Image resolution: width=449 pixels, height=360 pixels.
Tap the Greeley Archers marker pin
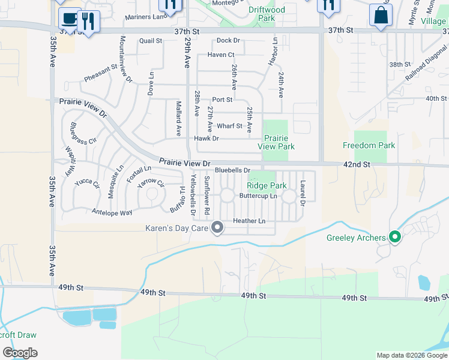[x=394, y=238]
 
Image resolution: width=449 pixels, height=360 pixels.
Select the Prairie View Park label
[x=276, y=142]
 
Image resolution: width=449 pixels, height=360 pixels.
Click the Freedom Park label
[x=369, y=145]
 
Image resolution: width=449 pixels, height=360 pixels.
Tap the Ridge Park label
[x=267, y=185]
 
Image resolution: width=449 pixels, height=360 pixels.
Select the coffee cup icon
[x=69, y=17]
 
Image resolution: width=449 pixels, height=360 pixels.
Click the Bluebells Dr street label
[x=232, y=171]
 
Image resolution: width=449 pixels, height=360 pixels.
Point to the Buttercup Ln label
[x=258, y=196]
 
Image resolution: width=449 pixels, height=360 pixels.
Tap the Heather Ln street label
[x=249, y=221]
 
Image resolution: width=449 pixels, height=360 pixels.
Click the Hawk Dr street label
[x=206, y=139]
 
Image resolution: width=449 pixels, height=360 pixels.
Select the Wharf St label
[x=229, y=126]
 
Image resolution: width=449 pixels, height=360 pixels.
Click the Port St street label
[x=222, y=100]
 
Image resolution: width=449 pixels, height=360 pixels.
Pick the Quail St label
[x=151, y=41]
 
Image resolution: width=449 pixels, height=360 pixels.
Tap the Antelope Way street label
[x=112, y=212]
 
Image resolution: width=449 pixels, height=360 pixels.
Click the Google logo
[x=20, y=353]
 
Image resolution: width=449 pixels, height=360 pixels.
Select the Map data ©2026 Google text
[x=411, y=355]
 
